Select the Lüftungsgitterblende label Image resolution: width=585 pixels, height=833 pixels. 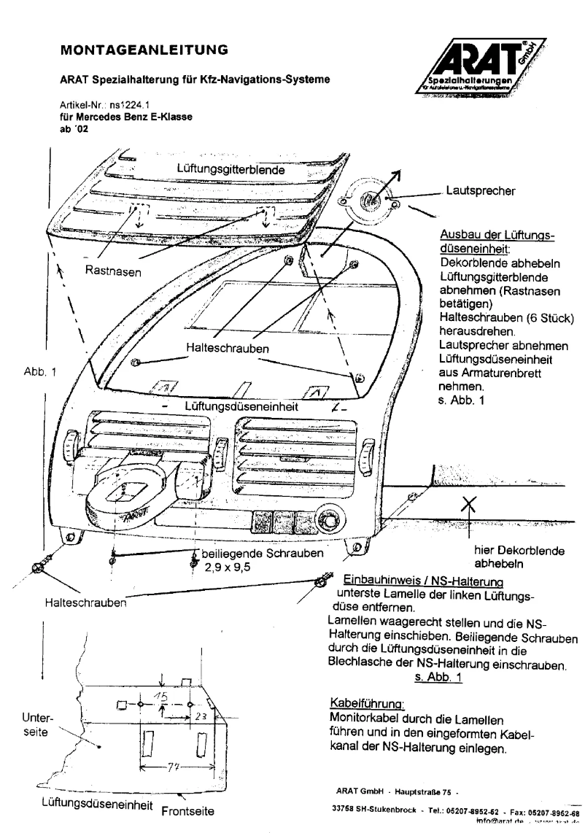[x=230, y=168]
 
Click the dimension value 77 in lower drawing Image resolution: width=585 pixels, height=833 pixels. [x=172, y=768]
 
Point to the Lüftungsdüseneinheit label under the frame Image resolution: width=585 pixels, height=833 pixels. [x=239, y=406]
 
